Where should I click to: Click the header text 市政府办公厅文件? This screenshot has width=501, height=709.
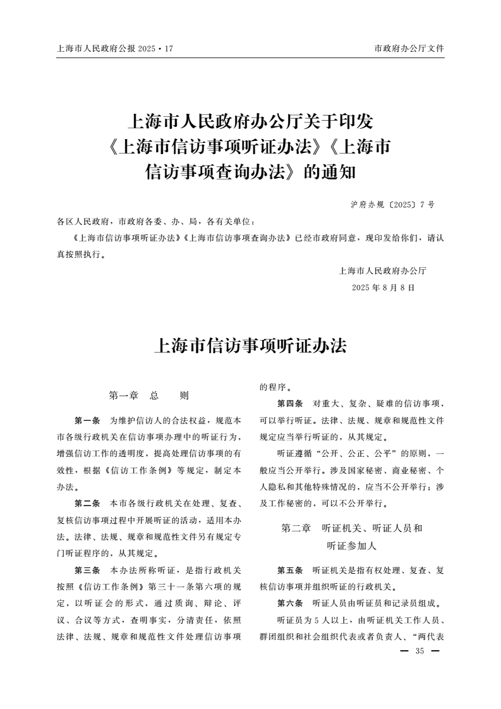point(409,48)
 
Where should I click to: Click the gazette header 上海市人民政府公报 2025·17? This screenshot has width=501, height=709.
point(114,48)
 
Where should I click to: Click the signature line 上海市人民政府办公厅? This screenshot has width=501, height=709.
point(383,271)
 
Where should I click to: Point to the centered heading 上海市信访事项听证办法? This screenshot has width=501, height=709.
point(250,346)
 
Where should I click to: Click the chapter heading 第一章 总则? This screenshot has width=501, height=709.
point(149,396)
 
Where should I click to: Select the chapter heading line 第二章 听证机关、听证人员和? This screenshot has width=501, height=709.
point(352,528)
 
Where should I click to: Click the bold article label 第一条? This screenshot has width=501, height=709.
point(87,420)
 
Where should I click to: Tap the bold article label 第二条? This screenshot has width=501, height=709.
point(87,504)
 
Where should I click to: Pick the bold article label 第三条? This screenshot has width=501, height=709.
point(87,570)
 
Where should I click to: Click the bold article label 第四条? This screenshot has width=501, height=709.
point(290,403)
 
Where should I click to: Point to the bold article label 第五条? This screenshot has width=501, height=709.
point(290,570)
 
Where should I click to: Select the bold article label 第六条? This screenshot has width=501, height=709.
point(290,603)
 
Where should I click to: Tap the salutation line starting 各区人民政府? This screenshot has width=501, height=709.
point(155,222)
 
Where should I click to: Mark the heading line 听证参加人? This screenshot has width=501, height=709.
point(352,545)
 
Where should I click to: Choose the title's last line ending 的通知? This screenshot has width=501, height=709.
point(251,172)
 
